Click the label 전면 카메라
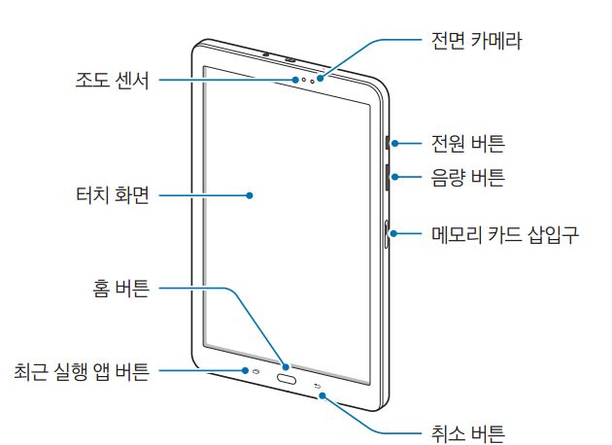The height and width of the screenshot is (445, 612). [476, 41]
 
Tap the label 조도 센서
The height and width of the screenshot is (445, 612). [113, 81]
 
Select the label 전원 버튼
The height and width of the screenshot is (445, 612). [467, 144]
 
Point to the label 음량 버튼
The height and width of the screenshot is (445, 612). [467, 177]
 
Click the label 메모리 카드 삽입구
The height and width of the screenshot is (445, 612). [505, 234]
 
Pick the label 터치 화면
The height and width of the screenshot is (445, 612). [113, 194]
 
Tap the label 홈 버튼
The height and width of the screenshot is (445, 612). [121, 289]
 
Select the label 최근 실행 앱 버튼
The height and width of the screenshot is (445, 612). [82, 371]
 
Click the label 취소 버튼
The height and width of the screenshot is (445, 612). [467, 433]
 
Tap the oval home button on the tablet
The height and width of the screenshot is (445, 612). [287, 379]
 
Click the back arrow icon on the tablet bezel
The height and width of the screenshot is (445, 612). [318, 387]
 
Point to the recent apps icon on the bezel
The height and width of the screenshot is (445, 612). [257, 371]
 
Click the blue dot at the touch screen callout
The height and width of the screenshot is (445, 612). [250, 195]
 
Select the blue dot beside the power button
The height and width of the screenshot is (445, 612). [395, 143]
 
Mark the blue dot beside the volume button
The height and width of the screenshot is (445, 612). [395, 177]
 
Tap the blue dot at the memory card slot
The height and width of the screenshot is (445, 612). [394, 233]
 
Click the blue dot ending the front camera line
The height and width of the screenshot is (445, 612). [320, 79]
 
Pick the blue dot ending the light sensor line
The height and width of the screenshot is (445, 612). [296, 80]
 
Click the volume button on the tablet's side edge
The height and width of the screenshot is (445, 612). [388, 177]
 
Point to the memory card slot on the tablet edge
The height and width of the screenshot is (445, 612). [387, 234]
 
